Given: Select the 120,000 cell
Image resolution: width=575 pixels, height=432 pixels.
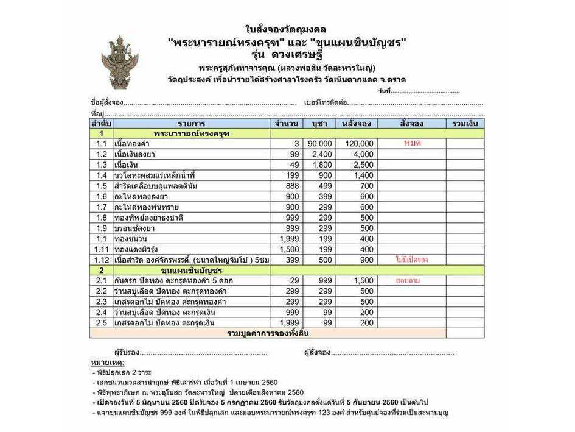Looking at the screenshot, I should (359, 144).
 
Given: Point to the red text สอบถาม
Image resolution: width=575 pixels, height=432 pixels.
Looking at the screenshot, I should (412, 281).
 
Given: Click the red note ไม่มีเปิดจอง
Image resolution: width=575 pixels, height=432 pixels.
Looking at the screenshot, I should (412, 260).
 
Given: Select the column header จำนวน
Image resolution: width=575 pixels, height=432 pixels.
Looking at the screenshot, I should (287, 124).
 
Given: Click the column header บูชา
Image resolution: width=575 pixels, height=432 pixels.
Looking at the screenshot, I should (319, 124).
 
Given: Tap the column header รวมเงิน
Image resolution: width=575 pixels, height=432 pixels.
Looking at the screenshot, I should (465, 124).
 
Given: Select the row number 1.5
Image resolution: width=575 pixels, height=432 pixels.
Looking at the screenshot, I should (101, 186).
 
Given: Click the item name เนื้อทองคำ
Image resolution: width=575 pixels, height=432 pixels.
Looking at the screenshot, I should (131, 144).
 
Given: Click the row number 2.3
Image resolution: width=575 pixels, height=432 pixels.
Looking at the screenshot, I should (101, 302).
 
